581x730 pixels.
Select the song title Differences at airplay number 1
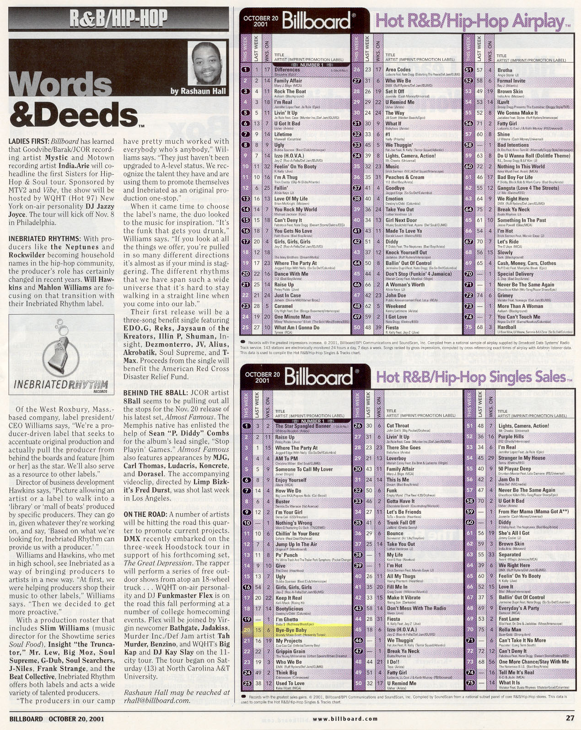[284, 70]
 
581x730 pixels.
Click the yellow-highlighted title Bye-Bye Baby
[290, 630]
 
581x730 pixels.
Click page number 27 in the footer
[569, 718]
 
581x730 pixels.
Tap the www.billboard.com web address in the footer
[339, 719]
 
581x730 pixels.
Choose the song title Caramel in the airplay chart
[283, 306]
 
